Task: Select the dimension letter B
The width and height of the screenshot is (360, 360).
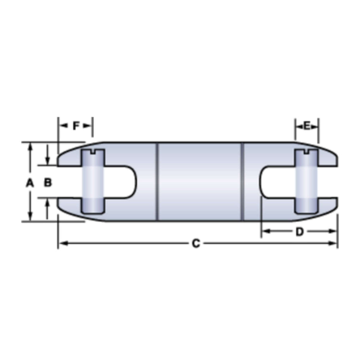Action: pyautogui.click(x=47, y=183)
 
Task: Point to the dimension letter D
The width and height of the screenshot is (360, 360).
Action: pyautogui.click(x=300, y=231)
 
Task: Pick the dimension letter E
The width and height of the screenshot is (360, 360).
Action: pyautogui.click(x=307, y=126)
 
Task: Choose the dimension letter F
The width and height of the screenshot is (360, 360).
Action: pyautogui.click(x=76, y=126)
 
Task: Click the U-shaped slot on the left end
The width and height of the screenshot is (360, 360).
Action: pyautogui.click(x=125, y=181)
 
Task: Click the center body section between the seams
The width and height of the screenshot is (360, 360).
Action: pyautogui.click(x=200, y=181)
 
